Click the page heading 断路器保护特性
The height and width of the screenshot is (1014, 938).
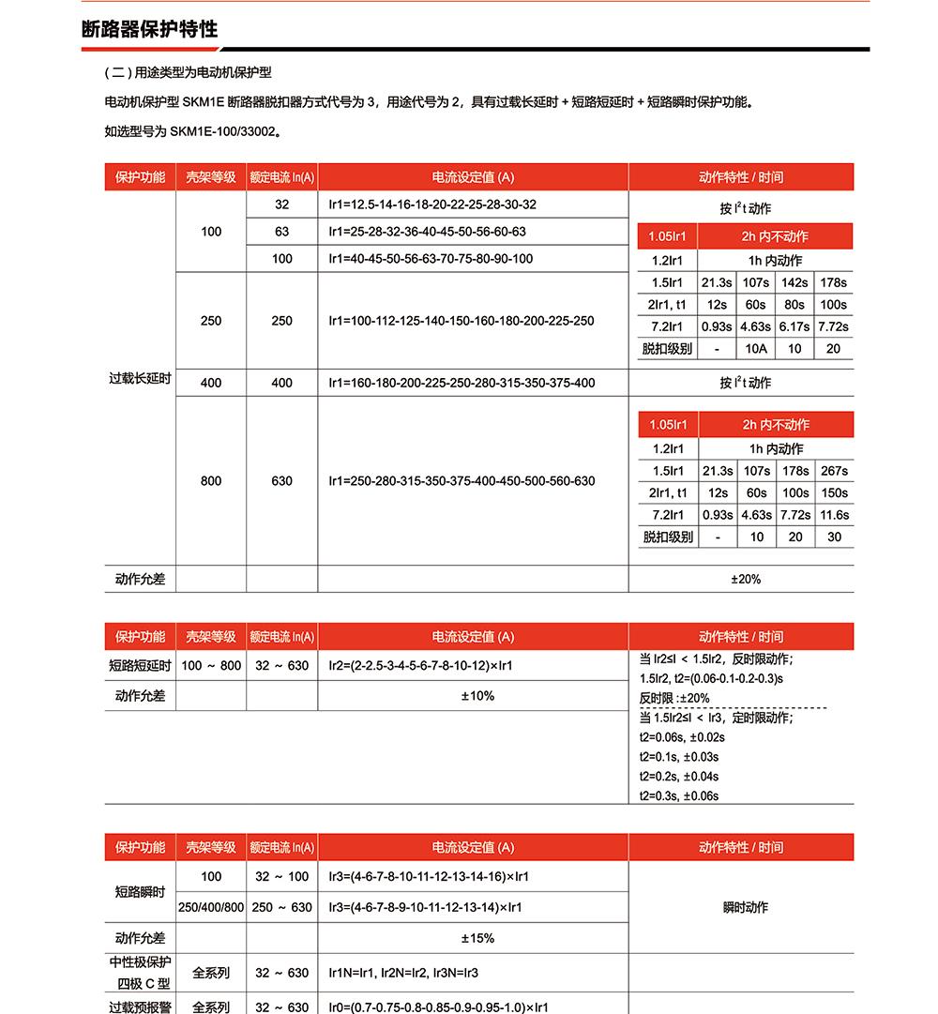(150, 29)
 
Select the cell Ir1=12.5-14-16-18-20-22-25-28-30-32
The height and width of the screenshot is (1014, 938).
(432, 204)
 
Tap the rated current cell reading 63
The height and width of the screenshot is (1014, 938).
(281, 232)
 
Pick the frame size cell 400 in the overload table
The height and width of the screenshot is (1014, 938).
(211, 383)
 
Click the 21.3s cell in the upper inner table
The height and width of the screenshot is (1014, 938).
(718, 282)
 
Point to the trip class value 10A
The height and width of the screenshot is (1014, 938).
(756, 349)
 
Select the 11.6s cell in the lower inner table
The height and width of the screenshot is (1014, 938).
(833, 515)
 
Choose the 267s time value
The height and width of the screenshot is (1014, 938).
(833, 471)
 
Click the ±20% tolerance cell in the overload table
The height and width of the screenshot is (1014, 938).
(746, 580)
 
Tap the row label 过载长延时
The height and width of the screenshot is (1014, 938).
(140, 379)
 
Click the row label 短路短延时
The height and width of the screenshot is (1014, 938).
(140, 666)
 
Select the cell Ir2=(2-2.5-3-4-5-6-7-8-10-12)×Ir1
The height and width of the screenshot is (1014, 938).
(420, 666)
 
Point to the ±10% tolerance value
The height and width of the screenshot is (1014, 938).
(477, 696)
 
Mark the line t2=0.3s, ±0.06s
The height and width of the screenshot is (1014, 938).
(679, 796)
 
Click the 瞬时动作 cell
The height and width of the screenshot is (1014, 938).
(746, 907)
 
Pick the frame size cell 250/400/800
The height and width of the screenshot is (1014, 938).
(211, 907)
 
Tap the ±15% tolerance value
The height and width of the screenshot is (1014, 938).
(477, 938)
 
